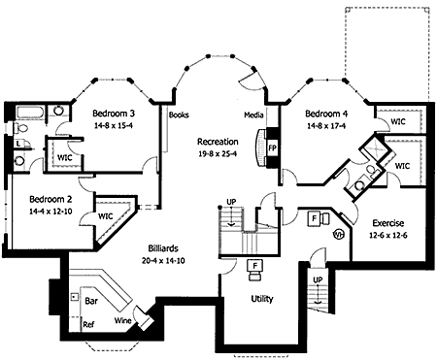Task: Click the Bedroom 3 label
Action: click(114, 114)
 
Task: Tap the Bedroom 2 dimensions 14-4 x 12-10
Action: click(50, 212)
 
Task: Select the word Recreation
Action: click(218, 142)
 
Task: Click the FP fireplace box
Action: click(273, 147)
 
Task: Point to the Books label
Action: click(179, 115)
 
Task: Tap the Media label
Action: click(253, 115)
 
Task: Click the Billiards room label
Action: click(163, 248)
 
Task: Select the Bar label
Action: click(91, 301)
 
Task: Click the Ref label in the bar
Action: click(88, 324)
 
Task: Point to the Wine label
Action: click(123, 320)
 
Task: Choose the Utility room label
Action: click(262, 299)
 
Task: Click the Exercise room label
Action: click(388, 223)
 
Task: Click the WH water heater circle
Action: click(338, 234)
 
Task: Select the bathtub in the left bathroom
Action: click(30, 113)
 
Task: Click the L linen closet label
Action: click(18, 144)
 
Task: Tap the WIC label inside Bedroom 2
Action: click(106, 216)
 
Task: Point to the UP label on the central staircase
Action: click(231, 202)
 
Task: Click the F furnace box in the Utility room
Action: click(255, 266)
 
